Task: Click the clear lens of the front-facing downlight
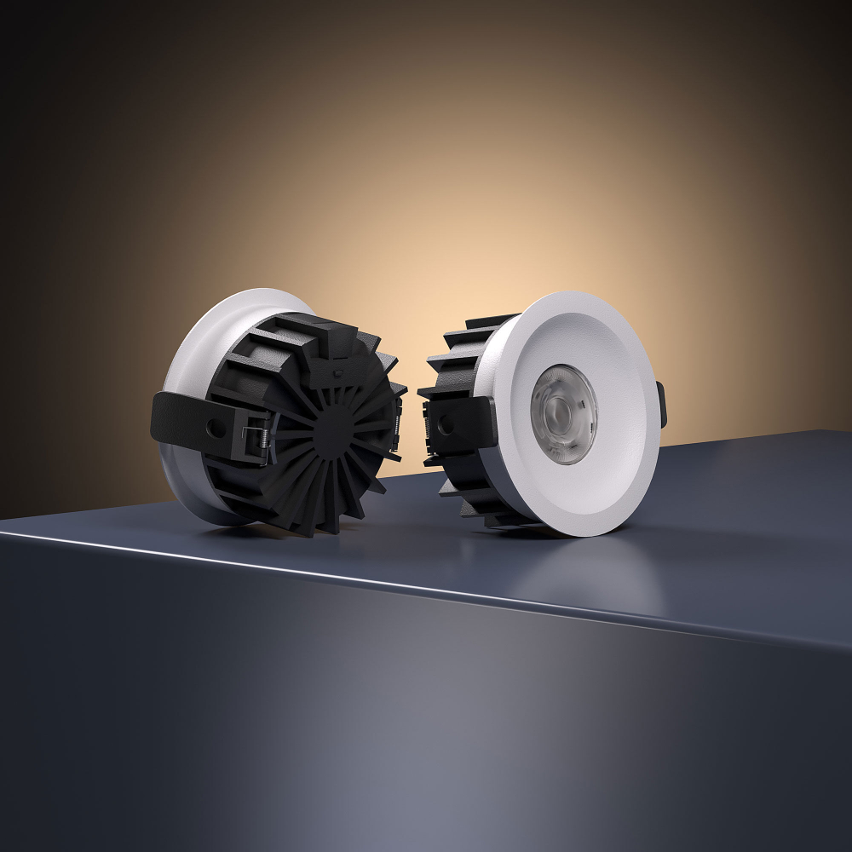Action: [563, 414]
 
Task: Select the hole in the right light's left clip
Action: [444, 423]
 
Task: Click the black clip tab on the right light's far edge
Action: [661, 405]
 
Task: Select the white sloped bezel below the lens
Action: [579, 494]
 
